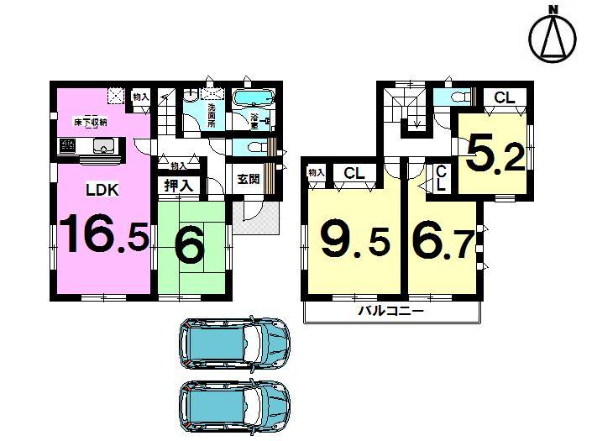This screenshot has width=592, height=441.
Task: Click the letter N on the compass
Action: tap(553, 9)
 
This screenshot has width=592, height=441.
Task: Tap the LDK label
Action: tap(102, 191)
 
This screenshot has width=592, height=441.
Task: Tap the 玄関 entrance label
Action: tap(247, 178)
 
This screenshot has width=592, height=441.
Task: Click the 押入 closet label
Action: tap(176, 186)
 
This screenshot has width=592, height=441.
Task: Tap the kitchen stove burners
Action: tap(67, 148)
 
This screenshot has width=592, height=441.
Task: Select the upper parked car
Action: tap(233, 344)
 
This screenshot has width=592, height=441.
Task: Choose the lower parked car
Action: tap(233, 407)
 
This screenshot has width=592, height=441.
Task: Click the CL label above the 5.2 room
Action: tap(504, 98)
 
